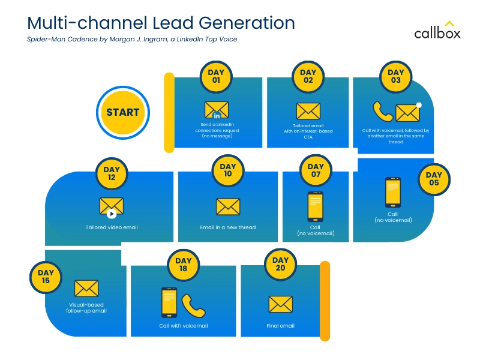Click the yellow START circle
pos(122,112)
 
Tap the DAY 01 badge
pos(215,76)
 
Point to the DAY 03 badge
pos(395,76)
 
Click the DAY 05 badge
pos(433,179)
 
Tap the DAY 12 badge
pos(112,173)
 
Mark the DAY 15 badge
pos(46,277)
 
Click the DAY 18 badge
pos(184,264)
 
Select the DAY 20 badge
pos(280,264)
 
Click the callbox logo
pos(437,31)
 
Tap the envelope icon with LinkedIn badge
pos(217,110)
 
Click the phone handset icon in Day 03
pos(382,111)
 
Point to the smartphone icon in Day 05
pos(393,193)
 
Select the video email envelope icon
pos(112,207)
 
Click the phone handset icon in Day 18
pos(193,305)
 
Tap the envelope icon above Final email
pos(280,304)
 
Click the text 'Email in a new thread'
pos(228,228)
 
